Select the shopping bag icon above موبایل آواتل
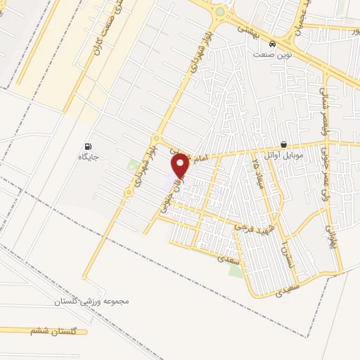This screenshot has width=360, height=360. (x=283, y=145)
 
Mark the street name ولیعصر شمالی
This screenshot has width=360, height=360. (x=323, y=105)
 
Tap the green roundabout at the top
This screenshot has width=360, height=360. (x=220, y=12)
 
